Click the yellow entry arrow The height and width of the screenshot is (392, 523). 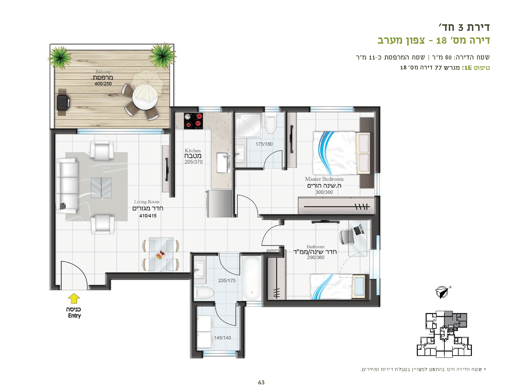(74, 298)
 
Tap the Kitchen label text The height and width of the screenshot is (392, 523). (193, 151)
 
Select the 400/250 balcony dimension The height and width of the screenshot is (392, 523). (103, 84)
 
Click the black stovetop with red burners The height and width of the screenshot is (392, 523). (193, 121)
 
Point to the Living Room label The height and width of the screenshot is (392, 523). (147, 202)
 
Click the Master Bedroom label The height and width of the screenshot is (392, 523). (324, 179)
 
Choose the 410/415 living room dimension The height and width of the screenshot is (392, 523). (148, 216)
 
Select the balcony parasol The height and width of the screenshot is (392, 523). (148, 83)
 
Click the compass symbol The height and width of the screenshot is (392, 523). (442, 292)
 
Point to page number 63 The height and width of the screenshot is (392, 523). (261, 382)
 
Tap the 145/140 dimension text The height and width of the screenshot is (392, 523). (222, 338)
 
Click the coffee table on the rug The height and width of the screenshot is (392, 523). (101, 188)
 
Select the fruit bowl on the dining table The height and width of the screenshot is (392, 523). (160, 255)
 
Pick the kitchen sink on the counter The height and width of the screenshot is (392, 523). (223, 163)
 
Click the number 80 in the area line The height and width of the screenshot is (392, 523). (448, 57)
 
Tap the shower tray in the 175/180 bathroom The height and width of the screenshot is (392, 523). (248, 125)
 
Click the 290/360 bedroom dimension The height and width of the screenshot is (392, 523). (315, 258)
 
